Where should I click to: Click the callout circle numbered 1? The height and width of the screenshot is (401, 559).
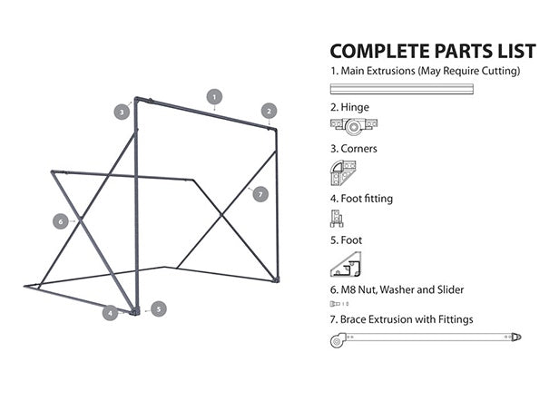pos(214,95)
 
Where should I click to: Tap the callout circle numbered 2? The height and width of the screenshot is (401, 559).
pos(269,111)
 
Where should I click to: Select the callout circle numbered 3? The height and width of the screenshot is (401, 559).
pos(122,112)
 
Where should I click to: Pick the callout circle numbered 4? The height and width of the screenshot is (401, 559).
pos(110,312)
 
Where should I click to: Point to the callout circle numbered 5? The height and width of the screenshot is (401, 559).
pos(158,308)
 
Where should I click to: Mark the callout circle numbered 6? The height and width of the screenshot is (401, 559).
pos(61,220)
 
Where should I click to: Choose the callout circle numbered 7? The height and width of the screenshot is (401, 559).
pos(260,193)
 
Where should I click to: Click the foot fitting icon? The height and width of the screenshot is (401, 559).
pos(338,219)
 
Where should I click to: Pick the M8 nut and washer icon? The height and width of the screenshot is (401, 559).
pos(339,304)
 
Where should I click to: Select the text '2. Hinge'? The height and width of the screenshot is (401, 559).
pos(349,107)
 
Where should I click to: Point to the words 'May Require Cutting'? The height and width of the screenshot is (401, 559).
pos(472,71)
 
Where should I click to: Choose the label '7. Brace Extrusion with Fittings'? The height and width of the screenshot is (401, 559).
pos(401,319)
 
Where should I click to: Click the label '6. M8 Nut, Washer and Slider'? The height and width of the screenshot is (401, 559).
pos(397,289)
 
